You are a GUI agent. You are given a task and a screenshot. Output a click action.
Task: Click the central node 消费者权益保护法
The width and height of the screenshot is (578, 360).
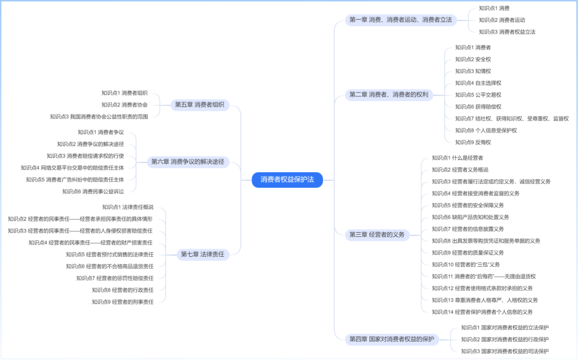point(287,180)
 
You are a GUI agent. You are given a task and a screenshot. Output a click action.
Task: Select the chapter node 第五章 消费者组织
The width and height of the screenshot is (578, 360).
point(200,105)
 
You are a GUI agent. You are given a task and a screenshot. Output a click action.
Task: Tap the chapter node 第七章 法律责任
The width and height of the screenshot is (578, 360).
point(202,255)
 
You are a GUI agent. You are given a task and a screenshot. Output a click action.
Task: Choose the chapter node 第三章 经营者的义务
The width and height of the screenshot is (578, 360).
point(377,234)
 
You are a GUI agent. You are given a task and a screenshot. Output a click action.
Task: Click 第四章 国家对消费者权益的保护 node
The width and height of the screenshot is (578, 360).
point(391,339)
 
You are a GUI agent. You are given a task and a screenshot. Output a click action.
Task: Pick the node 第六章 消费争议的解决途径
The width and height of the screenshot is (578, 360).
point(187,162)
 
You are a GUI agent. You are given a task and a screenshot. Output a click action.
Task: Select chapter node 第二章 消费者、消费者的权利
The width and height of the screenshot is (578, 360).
point(389,95)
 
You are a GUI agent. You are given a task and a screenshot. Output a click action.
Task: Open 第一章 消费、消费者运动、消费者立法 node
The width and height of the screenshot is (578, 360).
point(400,20)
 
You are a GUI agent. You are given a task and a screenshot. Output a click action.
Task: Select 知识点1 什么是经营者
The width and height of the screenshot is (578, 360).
point(457,158)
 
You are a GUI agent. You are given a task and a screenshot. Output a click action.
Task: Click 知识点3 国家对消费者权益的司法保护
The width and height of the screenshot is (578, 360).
point(505,351)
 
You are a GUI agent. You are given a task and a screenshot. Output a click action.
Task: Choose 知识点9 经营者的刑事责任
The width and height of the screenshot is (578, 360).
point(123,302)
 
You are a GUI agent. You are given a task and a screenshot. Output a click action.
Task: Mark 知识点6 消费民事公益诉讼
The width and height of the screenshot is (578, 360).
point(93,192)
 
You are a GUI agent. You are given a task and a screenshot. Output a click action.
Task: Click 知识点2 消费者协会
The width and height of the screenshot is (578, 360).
point(124,105)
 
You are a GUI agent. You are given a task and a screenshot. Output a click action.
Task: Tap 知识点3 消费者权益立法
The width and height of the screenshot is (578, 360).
point(507,32)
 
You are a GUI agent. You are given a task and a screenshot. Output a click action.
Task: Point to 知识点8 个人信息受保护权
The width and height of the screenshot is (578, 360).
point(486,131)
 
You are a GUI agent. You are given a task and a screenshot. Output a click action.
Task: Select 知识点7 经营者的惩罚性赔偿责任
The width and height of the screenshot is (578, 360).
point(115,278)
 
